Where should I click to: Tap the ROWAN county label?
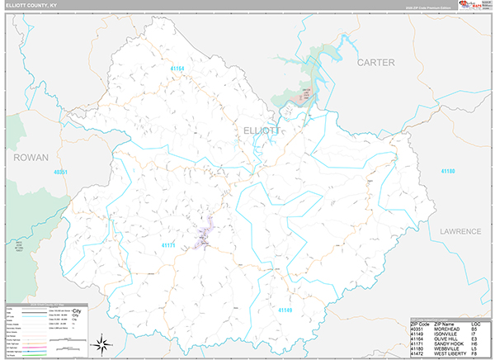coord(31,156)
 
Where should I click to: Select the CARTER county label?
coord(375,62)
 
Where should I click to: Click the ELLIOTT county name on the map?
coord(263,130)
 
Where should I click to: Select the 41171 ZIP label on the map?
coord(169,245)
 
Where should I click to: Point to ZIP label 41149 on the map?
coord(285,309)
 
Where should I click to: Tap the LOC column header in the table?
coord(476,323)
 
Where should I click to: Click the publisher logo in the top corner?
coord(471,5)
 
